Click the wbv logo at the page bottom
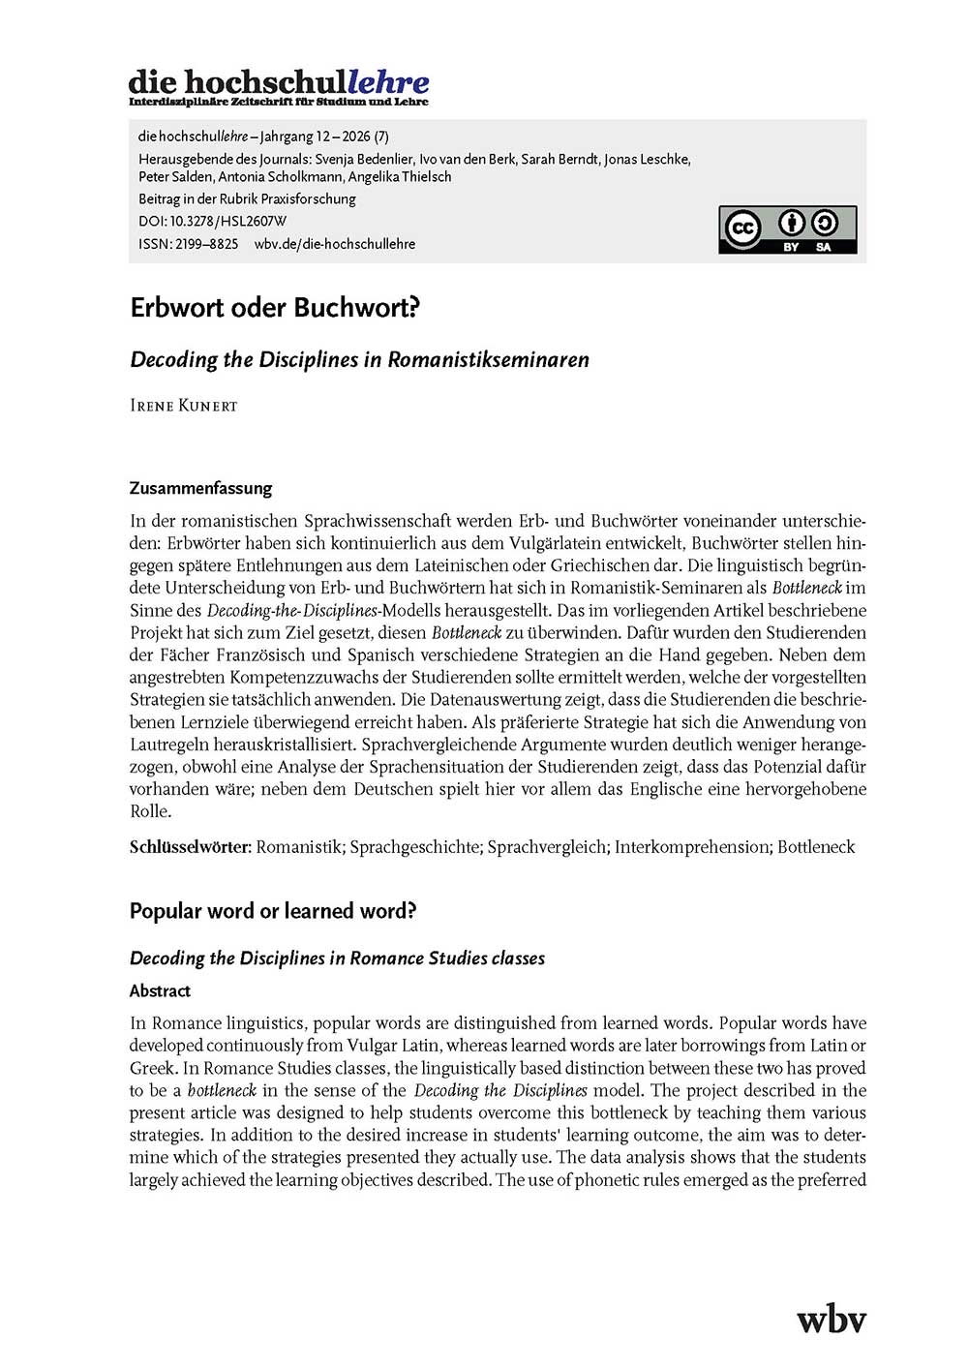pos(831,1319)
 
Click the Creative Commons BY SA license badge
pos(787,229)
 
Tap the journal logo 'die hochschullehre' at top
pos(279,86)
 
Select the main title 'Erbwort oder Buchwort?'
pos(275,308)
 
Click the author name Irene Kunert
pos(183,406)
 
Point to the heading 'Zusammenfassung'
pos(200,488)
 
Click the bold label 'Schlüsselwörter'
pos(190,847)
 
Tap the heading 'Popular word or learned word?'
pos(273,911)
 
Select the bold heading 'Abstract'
pos(160,990)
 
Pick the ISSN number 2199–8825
pos(206,244)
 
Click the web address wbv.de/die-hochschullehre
pos(335,244)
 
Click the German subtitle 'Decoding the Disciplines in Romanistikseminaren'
pos(359,360)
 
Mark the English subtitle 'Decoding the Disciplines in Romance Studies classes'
pos(337,958)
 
